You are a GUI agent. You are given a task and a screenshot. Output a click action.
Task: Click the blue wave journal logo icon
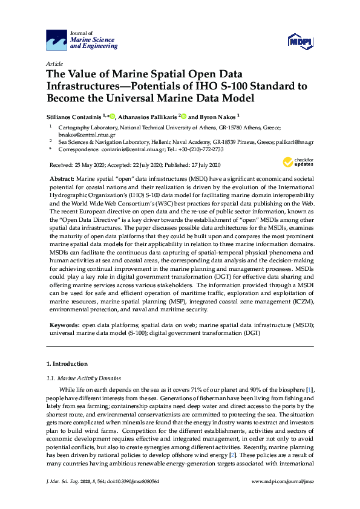[x=56, y=41]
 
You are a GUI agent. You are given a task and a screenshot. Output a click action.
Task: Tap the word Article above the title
[x=54, y=63]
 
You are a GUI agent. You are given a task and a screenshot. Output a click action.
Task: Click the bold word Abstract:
[x=61, y=180]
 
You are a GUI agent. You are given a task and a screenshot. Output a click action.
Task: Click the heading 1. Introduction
[x=67, y=364]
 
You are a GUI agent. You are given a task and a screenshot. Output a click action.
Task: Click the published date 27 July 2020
[x=204, y=165]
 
